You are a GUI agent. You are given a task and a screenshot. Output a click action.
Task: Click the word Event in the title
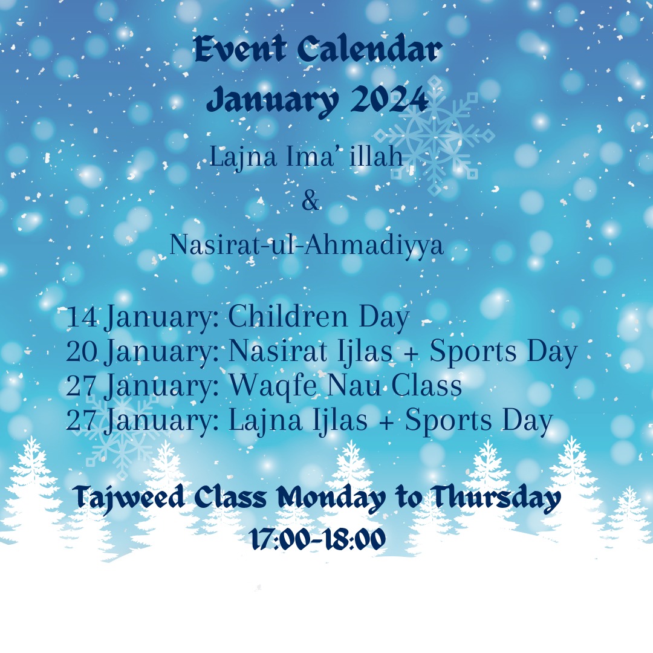[x=240, y=50]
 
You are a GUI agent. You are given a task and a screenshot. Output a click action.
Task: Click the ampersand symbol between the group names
[x=310, y=201]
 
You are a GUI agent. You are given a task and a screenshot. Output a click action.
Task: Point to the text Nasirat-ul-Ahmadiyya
[x=307, y=245]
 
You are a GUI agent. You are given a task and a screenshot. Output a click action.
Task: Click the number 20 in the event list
[x=82, y=352]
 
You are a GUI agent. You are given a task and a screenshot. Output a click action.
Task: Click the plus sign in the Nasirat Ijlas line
[x=411, y=353]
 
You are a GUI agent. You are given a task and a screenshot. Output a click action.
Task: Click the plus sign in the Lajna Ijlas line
[x=387, y=422]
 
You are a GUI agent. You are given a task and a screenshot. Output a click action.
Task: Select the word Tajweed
[x=129, y=498]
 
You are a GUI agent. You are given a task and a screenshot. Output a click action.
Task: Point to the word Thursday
[x=496, y=498]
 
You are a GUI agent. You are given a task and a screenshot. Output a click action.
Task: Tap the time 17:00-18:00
[x=319, y=540]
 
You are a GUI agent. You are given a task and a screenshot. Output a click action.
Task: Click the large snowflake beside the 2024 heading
[x=434, y=136]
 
